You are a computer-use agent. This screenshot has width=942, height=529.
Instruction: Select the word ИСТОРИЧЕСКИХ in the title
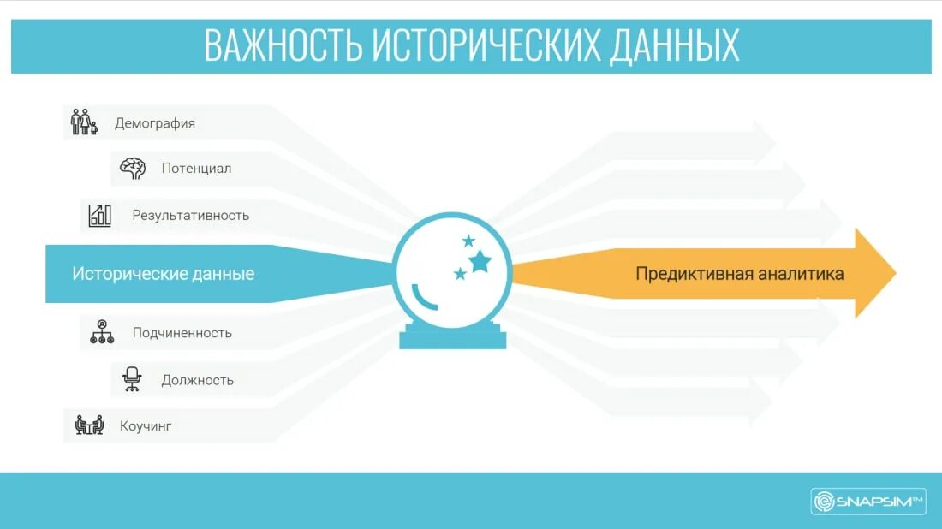pyautogui.click(x=484, y=45)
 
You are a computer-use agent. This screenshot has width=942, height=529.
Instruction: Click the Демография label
pyautogui.click(x=155, y=123)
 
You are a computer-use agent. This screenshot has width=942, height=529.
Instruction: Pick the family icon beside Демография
pyautogui.click(x=83, y=122)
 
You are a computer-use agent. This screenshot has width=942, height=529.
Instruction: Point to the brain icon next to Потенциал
pyautogui.click(x=132, y=169)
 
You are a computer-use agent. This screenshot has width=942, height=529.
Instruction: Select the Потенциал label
pyautogui.click(x=196, y=169)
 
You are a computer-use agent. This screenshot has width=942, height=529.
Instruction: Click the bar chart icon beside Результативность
pyautogui.click(x=100, y=216)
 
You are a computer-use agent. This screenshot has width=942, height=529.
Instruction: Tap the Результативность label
pyautogui.click(x=190, y=216)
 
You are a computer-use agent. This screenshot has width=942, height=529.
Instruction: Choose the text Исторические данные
pyautogui.click(x=163, y=275)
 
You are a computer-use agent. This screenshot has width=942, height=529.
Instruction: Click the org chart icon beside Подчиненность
pyautogui.click(x=102, y=332)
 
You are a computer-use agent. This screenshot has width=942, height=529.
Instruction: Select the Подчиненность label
pyautogui.click(x=182, y=333)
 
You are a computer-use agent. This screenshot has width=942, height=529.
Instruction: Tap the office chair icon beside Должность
pyautogui.click(x=132, y=379)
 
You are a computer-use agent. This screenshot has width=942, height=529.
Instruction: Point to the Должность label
pyautogui.click(x=197, y=380)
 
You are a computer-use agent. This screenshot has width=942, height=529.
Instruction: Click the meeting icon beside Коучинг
pyautogui.click(x=89, y=425)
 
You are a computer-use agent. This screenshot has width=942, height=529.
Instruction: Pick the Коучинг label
pyautogui.click(x=146, y=425)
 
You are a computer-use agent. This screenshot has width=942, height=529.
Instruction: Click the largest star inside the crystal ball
pyautogui.click(x=480, y=259)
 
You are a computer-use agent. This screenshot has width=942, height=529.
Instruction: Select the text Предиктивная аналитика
pyautogui.click(x=739, y=274)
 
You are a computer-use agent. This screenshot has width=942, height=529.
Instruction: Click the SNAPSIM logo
pyautogui.click(x=868, y=502)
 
